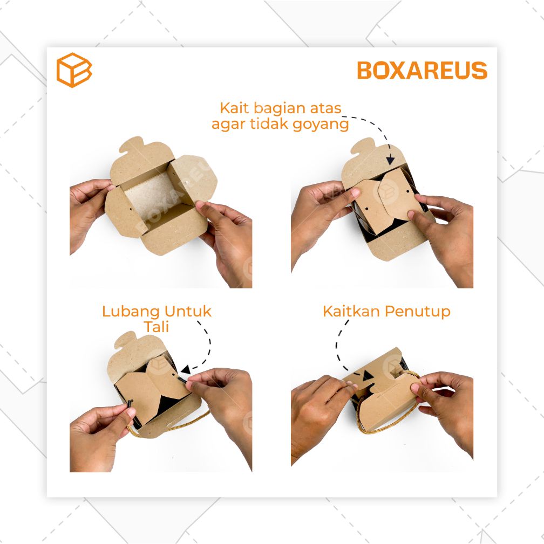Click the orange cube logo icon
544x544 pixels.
[x=74, y=70]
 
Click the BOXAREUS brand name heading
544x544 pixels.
[x=422, y=71]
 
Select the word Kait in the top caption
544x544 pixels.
[x=234, y=108]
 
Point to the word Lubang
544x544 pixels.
[x=131, y=312]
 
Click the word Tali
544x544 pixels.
[x=157, y=327]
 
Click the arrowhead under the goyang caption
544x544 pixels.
[x=390, y=160]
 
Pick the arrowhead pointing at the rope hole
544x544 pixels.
[x=186, y=370]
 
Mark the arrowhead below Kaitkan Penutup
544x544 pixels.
[x=368, y=375]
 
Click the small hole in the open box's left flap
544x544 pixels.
[x=130, y=210]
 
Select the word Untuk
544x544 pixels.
[x=188, y=311]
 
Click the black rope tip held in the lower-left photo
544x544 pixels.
[x=130, y=403]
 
